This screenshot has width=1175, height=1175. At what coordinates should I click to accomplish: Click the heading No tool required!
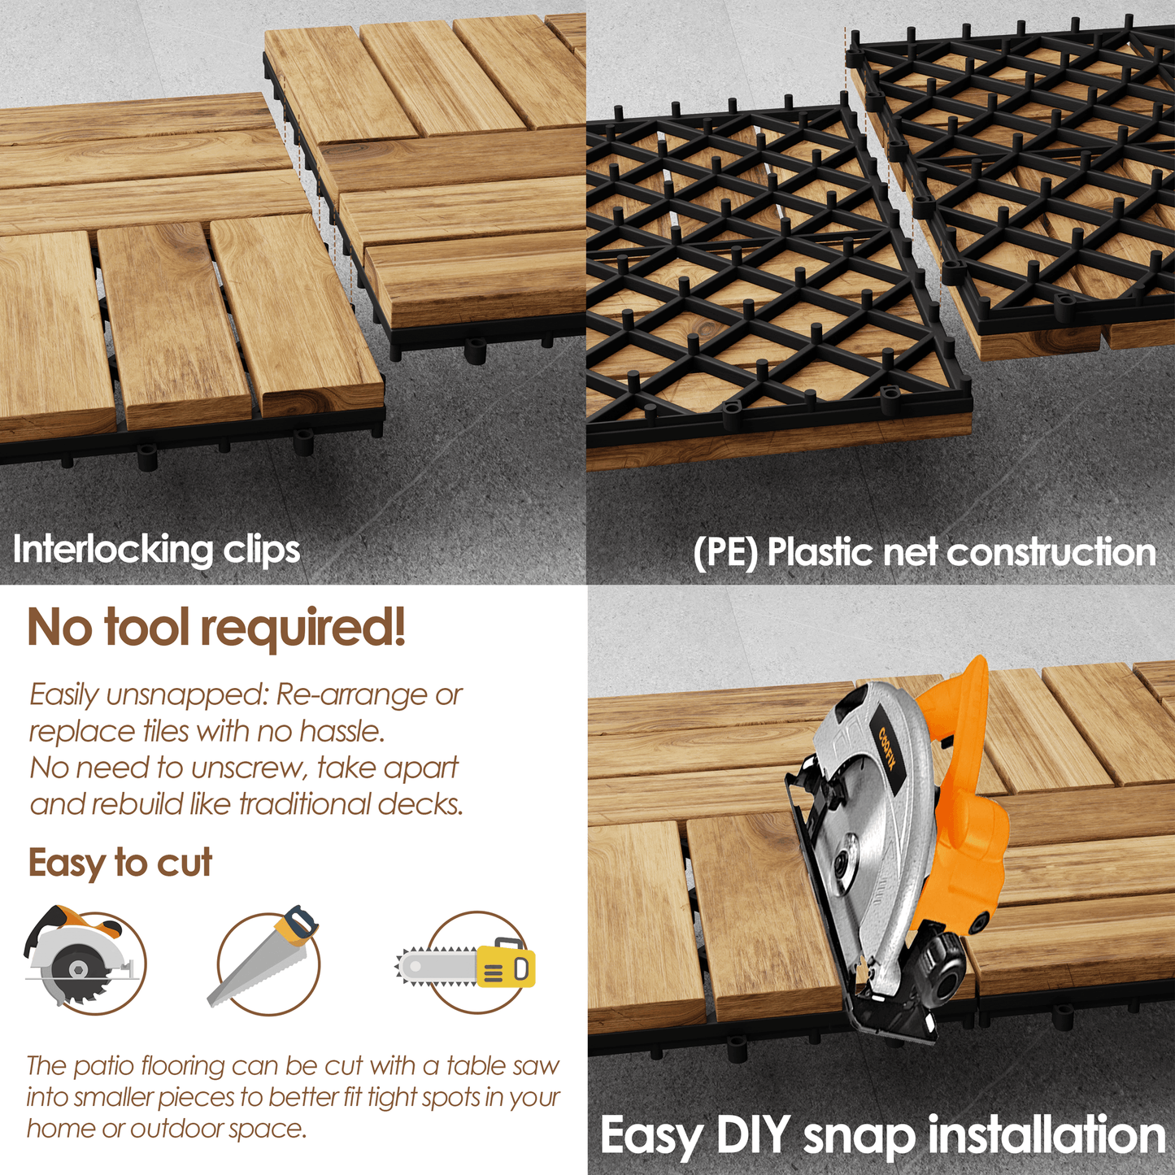click(217, 628)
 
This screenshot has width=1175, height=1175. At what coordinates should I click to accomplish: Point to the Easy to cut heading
click(120, 864)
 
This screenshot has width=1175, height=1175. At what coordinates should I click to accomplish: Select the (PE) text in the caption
click(725, 552)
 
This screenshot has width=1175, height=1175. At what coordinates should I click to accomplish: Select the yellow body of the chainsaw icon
click(506, 967)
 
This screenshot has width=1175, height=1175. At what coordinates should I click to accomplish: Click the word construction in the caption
click(1051, 552)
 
